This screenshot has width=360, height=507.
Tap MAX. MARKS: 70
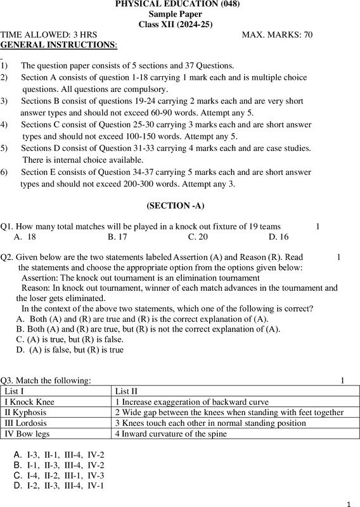pos(277,35)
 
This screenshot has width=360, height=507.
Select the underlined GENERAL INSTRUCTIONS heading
pos(59,46)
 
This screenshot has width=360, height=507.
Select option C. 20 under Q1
pos(198,236)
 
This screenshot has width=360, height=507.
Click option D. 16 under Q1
pos(278,236)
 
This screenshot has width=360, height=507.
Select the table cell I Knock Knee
pos(30,402)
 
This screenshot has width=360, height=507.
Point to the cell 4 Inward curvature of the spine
pos(171,433)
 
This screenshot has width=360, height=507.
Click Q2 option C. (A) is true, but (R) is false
pos(70,339)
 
